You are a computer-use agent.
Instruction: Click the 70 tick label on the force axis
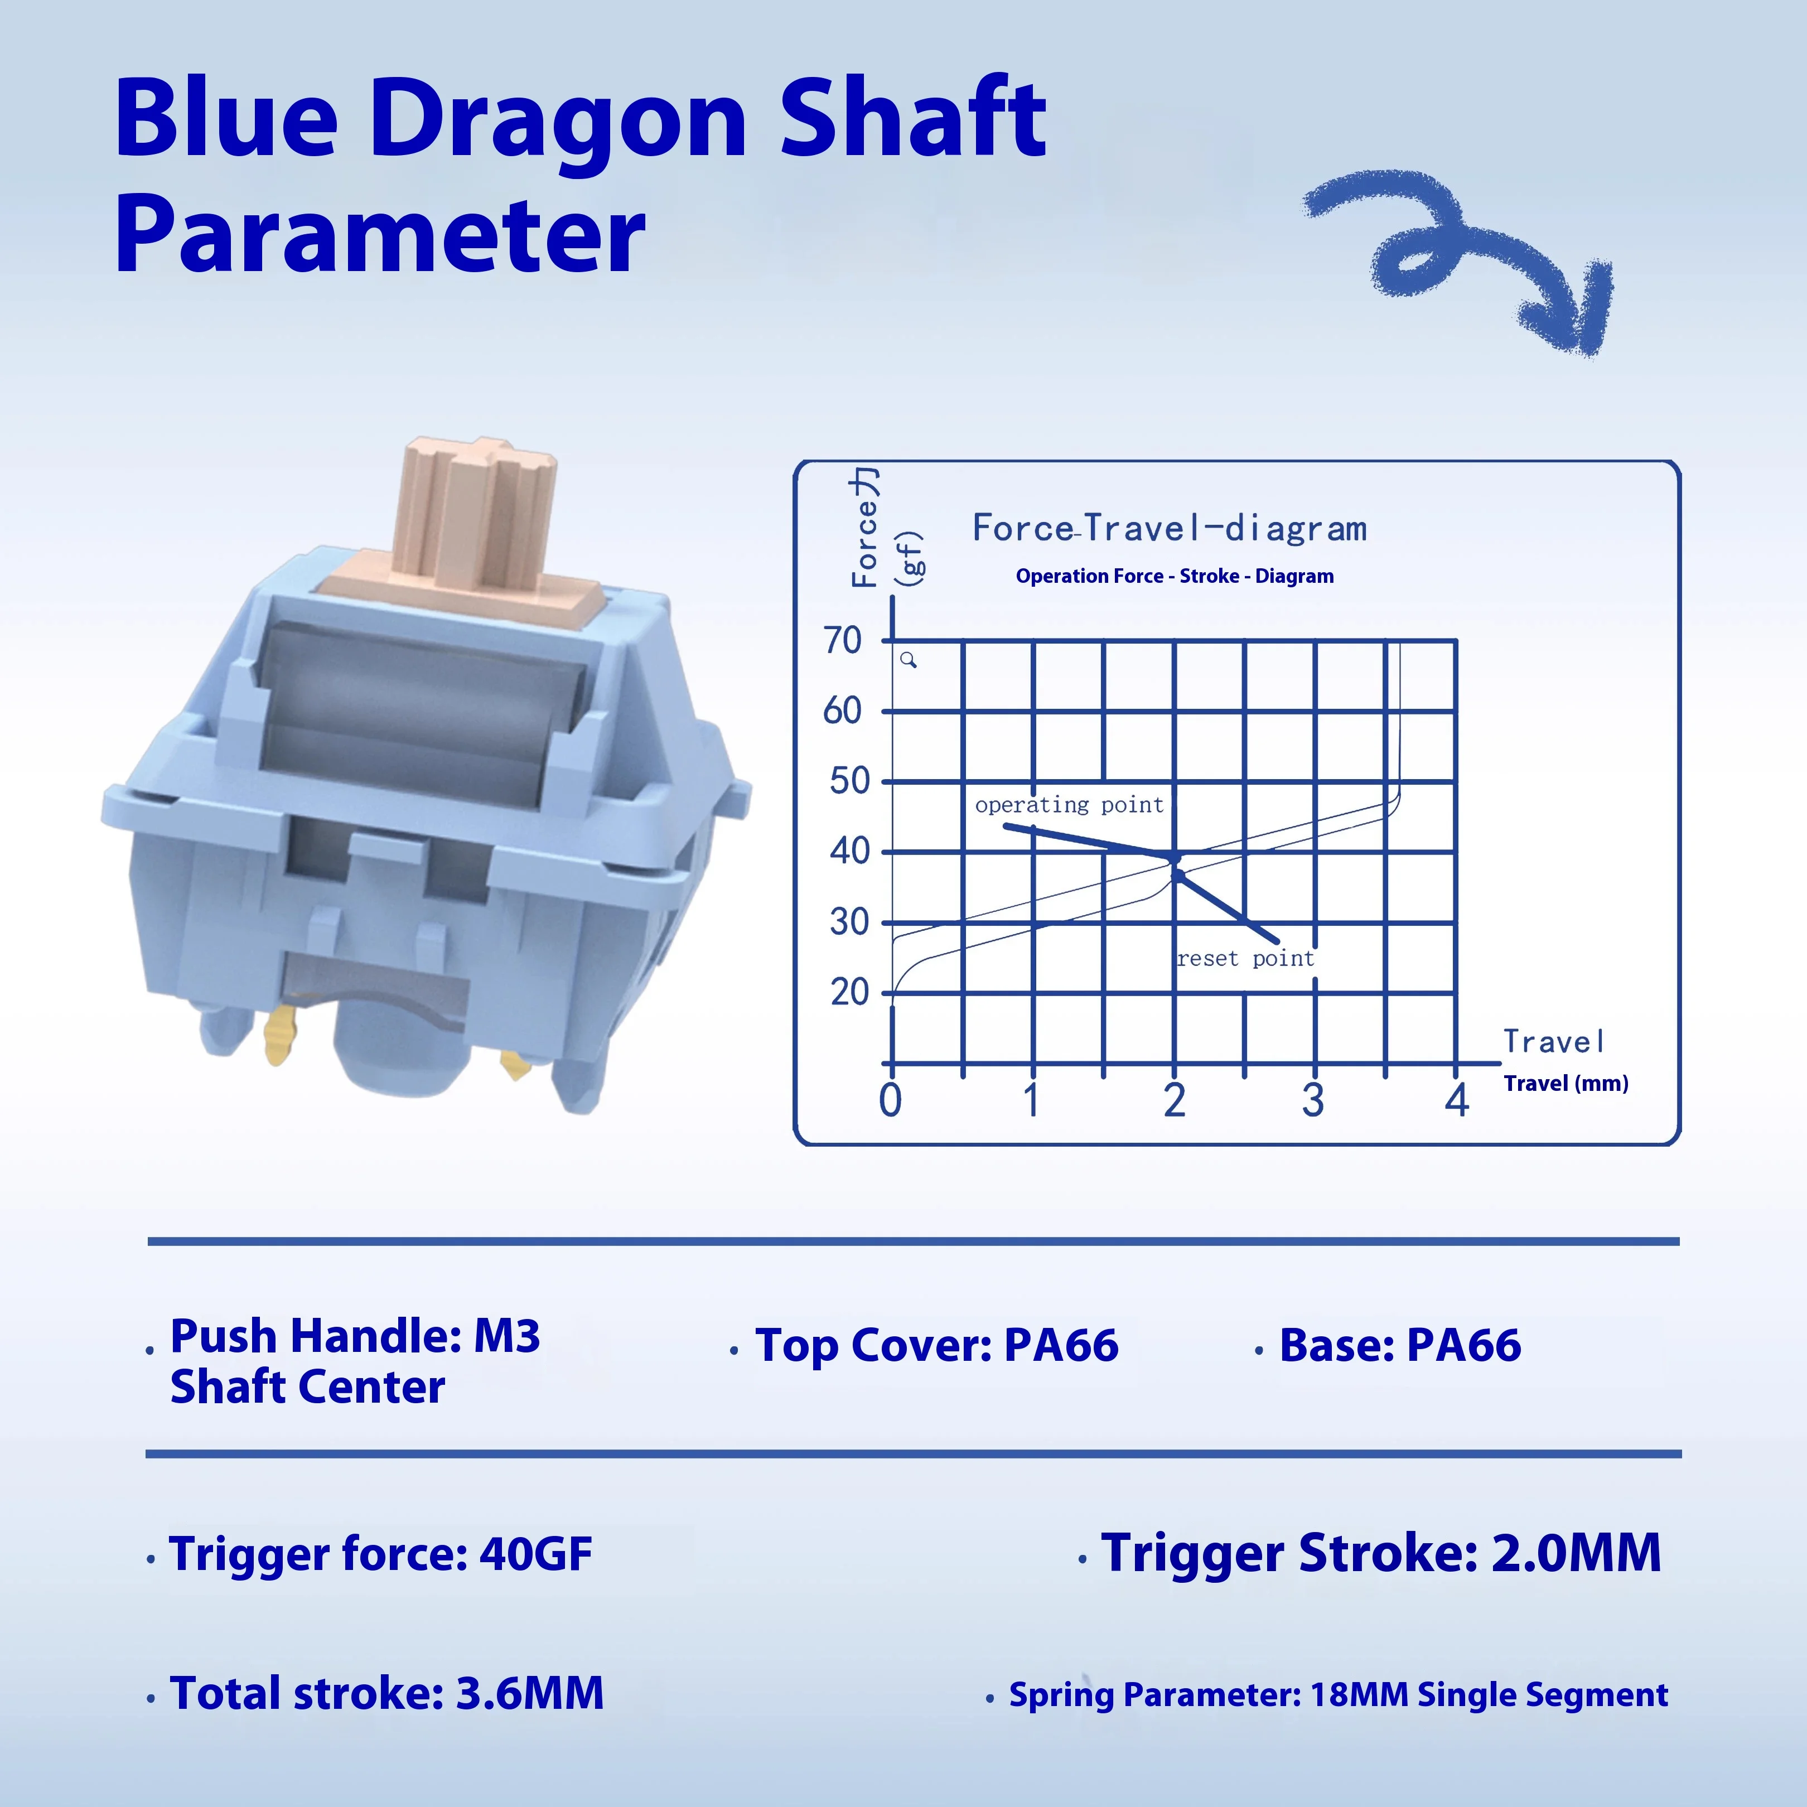pos(843,641)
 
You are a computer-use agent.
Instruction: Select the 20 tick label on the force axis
pos(849,992)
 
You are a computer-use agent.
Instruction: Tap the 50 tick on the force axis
pos(849,780)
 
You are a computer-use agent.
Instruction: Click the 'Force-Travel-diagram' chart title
pos(1169,529)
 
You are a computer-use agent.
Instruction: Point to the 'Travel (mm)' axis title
pos(1566,1083)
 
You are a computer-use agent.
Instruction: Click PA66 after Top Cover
pos(1061,1345)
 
